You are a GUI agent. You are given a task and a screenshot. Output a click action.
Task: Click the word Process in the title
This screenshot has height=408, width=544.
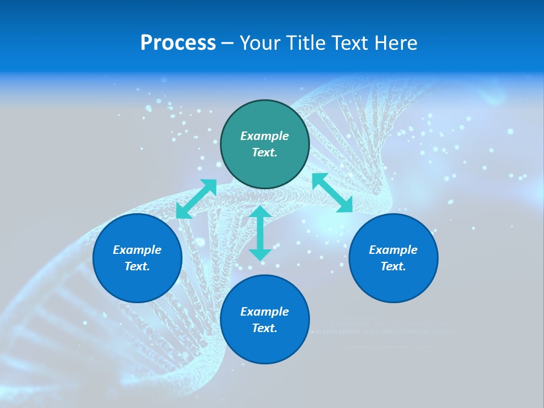(x=178, y=43)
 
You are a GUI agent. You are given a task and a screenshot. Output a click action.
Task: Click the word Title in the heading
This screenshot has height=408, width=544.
(x=305, y=43)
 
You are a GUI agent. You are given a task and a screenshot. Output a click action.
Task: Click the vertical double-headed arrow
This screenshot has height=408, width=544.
(x=260, y=233)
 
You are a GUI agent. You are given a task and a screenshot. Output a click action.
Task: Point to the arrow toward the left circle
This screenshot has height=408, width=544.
(x=196, y=199)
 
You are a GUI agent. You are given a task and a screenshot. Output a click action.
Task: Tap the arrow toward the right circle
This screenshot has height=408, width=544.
(x=333, y=193)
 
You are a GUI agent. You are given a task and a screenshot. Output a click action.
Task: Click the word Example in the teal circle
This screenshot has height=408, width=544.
(x=265, y=136)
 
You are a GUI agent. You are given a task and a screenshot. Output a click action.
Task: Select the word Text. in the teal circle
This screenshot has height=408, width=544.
(x=265, y=152)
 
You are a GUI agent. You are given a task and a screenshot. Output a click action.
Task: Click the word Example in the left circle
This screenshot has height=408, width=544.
(x=137, y=250)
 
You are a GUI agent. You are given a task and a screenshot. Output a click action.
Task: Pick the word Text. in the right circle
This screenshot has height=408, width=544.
(x=393, y=266)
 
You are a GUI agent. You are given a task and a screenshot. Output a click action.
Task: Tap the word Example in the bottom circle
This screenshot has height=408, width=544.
(x=265, y=312)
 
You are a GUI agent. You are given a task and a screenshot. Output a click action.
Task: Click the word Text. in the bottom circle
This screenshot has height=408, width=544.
(x=265, y=328)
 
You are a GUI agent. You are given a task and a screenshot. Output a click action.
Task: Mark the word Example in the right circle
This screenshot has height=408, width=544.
(x=393, y=250)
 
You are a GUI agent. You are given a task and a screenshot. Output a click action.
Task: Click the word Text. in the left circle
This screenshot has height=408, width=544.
(x=137, y=266)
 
